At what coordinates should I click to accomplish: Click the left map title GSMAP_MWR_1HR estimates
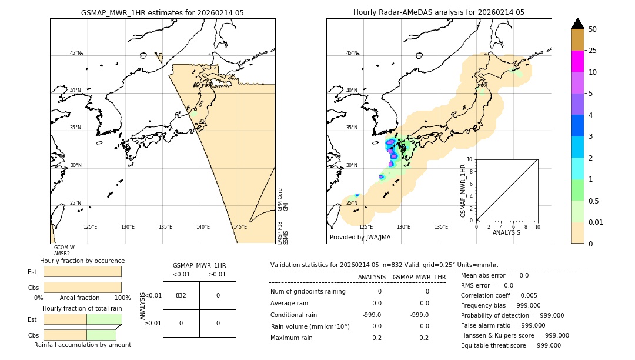(162, 12)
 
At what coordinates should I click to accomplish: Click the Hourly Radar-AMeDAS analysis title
(439, 12)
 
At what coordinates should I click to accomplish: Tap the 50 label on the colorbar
(593, 29)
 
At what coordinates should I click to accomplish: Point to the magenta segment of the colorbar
(577, 61)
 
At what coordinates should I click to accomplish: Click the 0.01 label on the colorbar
(597, 222)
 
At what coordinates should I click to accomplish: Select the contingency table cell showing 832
(181, 295)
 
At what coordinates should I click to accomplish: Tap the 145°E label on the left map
(240, 227)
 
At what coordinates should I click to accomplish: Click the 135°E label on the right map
(441, 227)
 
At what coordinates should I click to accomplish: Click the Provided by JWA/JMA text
(360, 237)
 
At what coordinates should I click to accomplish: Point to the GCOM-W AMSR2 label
(63, 251)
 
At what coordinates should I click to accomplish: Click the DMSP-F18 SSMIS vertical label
(283, 233)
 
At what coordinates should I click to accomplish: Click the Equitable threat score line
(510, 345)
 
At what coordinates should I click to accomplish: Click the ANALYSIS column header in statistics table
(372, 277)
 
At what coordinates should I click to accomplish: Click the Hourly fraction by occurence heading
(82, 261)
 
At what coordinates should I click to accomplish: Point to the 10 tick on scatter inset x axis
(537, 226)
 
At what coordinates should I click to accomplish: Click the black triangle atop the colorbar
(577, 24)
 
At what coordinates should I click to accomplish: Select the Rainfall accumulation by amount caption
(82, 345)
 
